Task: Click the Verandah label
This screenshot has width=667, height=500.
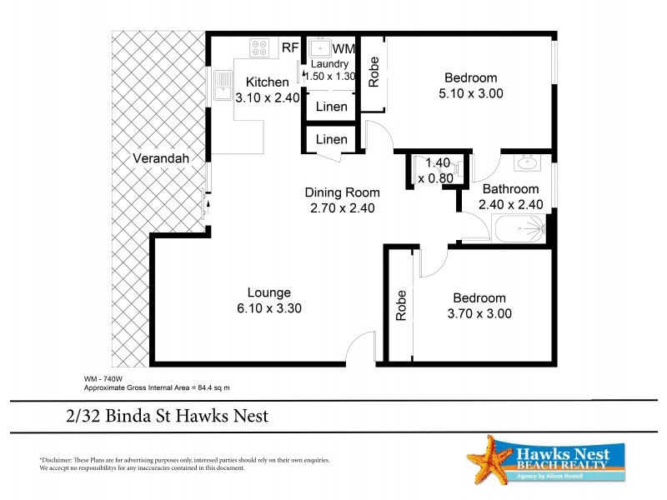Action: (x=161, y=158)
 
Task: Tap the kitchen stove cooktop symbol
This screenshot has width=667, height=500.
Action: (x=259, y=47)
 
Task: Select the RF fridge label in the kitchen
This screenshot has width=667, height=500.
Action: (x=289, y=48)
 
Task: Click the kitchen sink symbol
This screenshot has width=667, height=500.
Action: (x=223, y=85)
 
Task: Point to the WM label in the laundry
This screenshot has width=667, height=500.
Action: (x=344, y=49)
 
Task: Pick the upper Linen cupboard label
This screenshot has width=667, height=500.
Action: (x=331, y=107)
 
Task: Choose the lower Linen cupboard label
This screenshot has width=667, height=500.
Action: (x=331, y=139)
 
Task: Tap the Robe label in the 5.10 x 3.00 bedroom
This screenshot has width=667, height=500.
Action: (x=374, y=72)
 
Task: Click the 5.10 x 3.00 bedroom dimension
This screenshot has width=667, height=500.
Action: (x=471, y=93)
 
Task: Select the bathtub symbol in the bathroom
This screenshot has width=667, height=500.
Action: (x=518, y=227)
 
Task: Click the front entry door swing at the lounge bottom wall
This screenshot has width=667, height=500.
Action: (x=362, y=346)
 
